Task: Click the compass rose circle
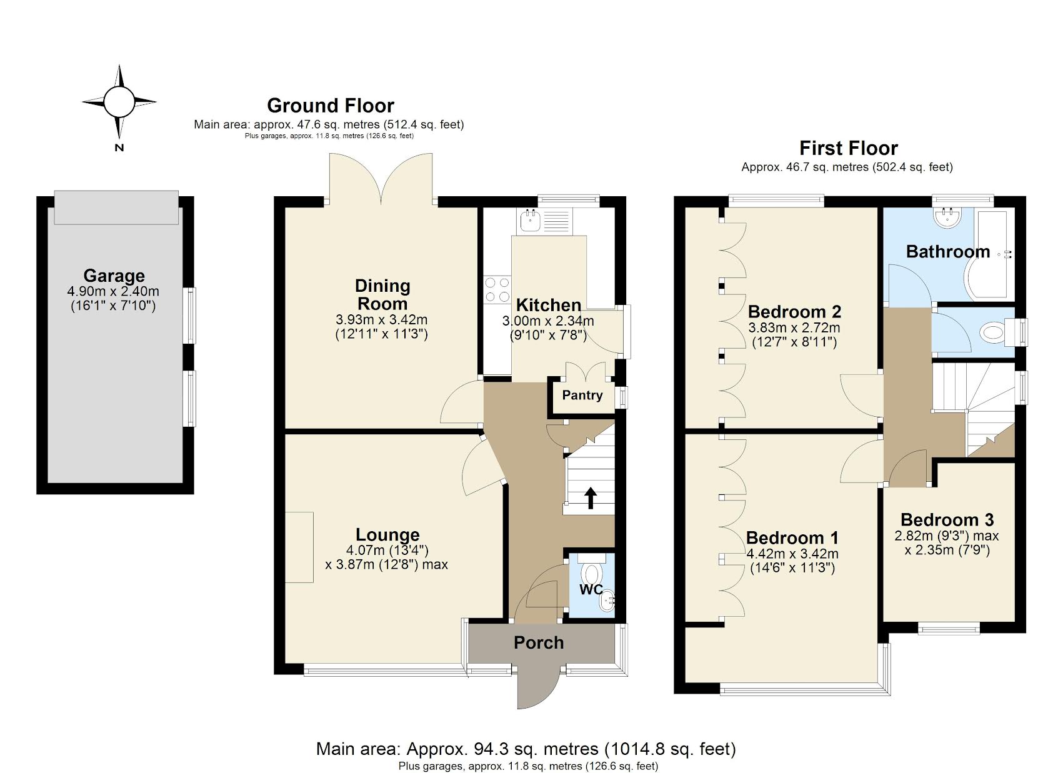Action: (x=119, y=102)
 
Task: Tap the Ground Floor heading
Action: (x=330, y=106)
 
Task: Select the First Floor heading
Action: (x=848, y=148)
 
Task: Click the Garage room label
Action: (x=114, y=276)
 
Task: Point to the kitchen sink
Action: (x=531, y=219)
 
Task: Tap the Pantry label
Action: (x=582, y=395)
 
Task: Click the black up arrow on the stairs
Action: (x=590, y=498)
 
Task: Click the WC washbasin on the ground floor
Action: (x=607, y=602)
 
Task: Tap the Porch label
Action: (x=539, y=642)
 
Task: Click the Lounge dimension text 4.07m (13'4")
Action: (x=387, y=550)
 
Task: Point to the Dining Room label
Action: (x=382, y=294)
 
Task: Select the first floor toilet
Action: (x=994, y=332)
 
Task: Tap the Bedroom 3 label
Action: (x=947, y=519)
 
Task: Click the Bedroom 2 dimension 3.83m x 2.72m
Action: (x=794, y=327)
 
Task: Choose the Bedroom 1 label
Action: (x=792, y=537)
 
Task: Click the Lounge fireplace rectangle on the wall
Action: (x=299, y=547)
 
